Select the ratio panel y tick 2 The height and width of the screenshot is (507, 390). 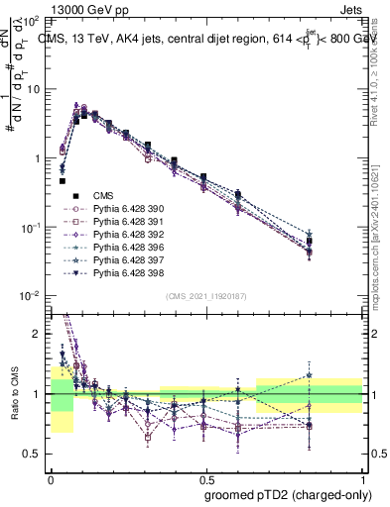click(40, 334)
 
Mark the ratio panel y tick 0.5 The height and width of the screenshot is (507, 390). click(35, 454)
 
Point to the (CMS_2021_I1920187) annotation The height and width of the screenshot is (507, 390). click(205, 296)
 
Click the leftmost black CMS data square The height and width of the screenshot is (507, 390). click(63, 181)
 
